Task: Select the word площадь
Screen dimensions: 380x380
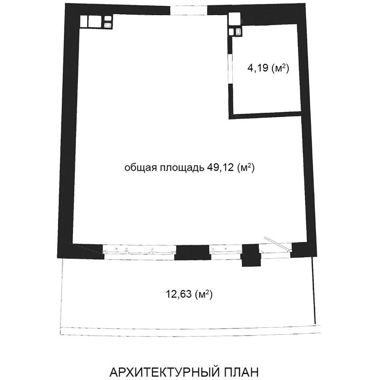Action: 181,168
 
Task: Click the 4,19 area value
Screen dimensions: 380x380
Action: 258,68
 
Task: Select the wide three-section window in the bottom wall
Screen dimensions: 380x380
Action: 139,252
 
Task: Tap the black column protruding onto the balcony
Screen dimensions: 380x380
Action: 251,255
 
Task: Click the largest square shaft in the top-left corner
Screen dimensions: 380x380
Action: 95,22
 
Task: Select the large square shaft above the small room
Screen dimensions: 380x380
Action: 235,19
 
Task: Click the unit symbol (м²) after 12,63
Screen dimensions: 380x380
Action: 204,294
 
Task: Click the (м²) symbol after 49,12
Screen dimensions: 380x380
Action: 246,167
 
